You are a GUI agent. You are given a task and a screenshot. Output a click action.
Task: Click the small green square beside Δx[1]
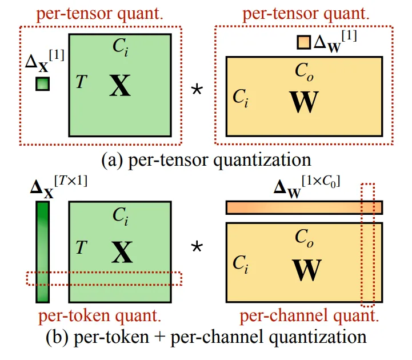pos(43,84)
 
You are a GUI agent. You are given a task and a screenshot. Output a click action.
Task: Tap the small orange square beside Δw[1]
pos(303,42)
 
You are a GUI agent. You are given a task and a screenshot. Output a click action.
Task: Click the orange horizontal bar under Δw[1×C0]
pos(304,207)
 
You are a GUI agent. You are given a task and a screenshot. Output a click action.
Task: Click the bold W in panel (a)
pos(305,102)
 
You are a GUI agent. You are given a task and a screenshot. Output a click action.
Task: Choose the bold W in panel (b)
pos(305,270)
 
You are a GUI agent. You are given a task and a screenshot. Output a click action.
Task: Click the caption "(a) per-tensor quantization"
pos(206,159)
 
